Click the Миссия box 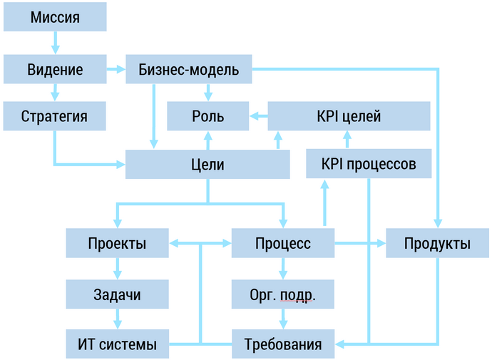pos(55,16)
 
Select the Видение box pos(55,70)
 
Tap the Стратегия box pos(55,115)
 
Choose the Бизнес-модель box pos(189,70)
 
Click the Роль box pos(207,115)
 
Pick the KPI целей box pos(349,115)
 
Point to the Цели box pos(207,165)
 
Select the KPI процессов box pos(369,164)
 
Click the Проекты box pos(118,243)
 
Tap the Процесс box pos(283,243)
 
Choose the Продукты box pos(437,243)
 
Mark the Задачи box pos(118,294)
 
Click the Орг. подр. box pos(283,294)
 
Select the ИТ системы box pos(118,345)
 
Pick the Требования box pos(283,345)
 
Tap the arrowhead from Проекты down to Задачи pos(118,274)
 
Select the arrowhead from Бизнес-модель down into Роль pos(207,96)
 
